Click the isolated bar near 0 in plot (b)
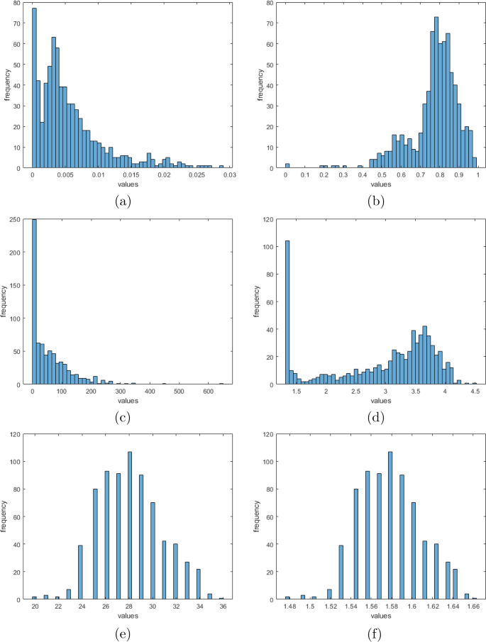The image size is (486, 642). coord(287,166)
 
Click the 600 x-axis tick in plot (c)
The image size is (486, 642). coord(207,391)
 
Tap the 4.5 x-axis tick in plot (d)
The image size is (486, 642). coord(475,391)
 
